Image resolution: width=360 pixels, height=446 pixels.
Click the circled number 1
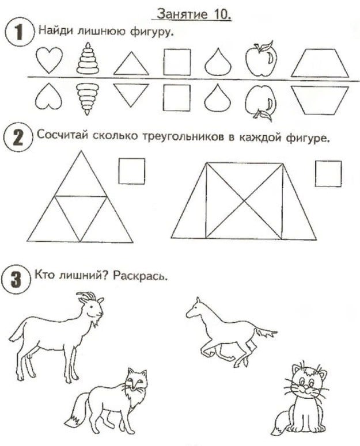coord(19,32)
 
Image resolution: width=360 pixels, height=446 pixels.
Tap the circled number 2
coord(18,138)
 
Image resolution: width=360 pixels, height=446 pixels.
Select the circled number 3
coord(16,280)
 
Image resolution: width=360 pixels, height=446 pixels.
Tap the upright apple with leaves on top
coord(262,59)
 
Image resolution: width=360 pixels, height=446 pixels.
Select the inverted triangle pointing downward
coord(131,95)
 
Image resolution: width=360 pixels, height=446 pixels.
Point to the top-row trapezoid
coord(320,63)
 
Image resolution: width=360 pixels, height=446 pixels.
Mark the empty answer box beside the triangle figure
coord(132,171)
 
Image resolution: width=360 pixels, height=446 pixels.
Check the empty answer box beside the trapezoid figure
coord(328,173)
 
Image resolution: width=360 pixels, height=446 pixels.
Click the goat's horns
coord(86,296)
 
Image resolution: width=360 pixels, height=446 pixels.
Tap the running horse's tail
coord(265,332)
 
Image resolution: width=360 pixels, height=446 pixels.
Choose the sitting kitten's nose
coord(306,387)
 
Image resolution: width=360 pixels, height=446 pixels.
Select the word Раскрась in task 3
coord(140,276)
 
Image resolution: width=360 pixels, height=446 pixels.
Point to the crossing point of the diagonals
coord(244,201)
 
